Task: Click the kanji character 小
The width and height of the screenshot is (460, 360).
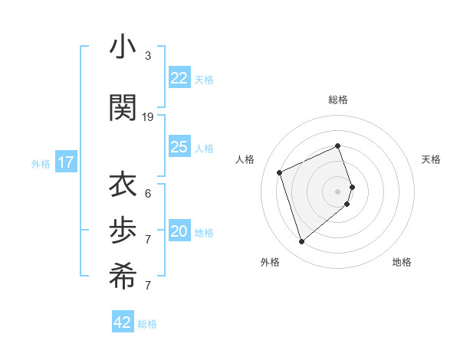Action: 123,47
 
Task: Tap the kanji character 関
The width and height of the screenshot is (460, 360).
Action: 123,107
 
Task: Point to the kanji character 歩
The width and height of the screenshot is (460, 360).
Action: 123,231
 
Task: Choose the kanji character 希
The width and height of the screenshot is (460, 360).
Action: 123,278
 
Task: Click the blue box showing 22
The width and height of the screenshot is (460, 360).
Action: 179,78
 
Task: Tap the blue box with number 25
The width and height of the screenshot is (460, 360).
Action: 179,147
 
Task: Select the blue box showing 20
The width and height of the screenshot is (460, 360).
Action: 179,232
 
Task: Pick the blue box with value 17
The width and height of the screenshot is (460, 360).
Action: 66,162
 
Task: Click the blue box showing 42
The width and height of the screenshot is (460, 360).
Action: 123,322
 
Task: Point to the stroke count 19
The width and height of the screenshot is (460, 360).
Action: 148,117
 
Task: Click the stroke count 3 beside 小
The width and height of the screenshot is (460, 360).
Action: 148,56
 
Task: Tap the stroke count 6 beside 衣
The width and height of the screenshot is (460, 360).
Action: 148,193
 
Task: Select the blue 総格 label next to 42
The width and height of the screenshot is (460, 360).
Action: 147,324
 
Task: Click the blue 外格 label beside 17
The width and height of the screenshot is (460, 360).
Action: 41,164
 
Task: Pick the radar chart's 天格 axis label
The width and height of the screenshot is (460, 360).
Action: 431,159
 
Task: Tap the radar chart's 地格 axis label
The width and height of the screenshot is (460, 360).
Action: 402,262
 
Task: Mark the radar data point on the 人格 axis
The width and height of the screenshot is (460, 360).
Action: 280,172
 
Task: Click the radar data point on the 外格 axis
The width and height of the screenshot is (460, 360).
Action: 301,242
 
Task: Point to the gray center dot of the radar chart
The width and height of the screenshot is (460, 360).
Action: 337,191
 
